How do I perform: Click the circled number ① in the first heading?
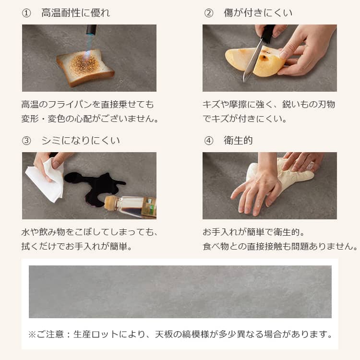[x=26, y=13]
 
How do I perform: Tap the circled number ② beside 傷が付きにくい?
[x=209, y=13]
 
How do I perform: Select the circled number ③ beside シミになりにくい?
[x=26, y=141]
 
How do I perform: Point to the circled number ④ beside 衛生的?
[x=209, y=141]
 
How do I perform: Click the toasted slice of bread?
[x=85, y=68]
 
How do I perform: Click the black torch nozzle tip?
[x=91, y=30]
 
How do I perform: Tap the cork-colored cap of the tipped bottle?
[x=110, y=203]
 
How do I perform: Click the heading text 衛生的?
[x=238, y=141]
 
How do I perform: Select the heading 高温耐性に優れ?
[x=76, y=13]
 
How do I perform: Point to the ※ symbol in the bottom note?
[x=32, y=334]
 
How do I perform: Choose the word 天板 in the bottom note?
[x=164, y=334]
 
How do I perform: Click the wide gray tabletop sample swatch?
[x=180, y=291]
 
